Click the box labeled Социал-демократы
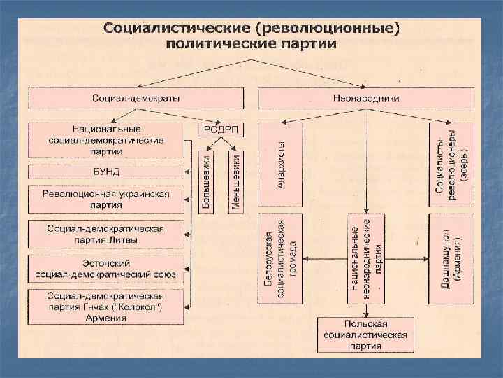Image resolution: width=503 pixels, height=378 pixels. coord(136,98)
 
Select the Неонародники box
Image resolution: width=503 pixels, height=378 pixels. coord(367,98)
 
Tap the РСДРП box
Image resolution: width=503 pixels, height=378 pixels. coord(222,129)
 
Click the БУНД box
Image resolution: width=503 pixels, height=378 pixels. coord(106,171)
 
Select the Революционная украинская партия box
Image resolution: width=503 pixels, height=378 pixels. coord(106,199)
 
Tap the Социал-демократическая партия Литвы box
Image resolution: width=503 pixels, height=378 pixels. coord(106,234)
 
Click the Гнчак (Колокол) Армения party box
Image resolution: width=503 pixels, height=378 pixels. coord(106,307)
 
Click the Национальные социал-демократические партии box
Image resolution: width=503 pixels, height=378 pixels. coord(106,140)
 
